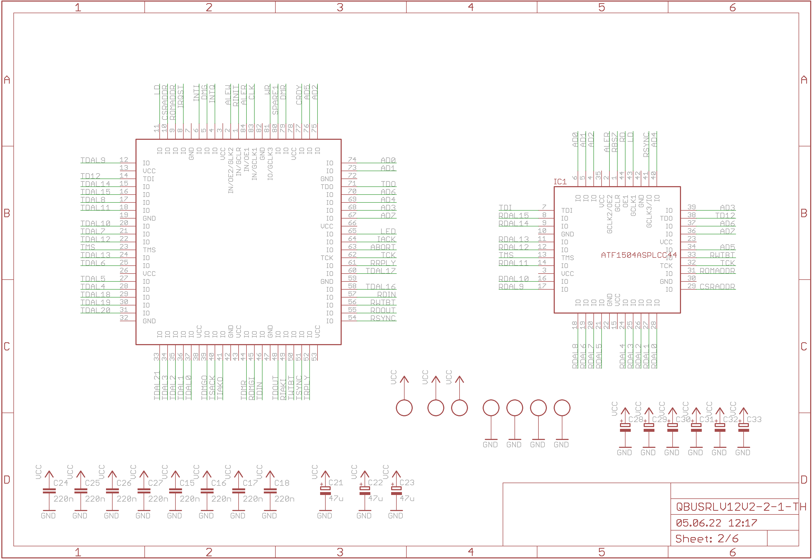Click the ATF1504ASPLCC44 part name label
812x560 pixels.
(638, 255)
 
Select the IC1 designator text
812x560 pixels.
(560, 182)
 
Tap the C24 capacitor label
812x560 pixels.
(60, 483)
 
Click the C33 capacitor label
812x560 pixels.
(754, 419)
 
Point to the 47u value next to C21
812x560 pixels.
(336, 498)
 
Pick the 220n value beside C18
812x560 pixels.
(284, 499)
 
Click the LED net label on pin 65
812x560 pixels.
(388, 231)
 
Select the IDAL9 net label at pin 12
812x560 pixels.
(93, 160)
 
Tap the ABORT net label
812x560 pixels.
(383, 247)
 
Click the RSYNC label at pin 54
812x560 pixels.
(383, 318)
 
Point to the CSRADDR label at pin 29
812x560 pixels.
(717, 287)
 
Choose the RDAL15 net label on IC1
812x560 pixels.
(513, 215)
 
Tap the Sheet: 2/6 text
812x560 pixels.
(707, 539)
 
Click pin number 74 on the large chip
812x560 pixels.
(352, 160)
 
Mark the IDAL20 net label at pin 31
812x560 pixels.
(95, 310)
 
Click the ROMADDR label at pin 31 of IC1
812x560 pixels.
(717, 271)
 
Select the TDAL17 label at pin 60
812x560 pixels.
(381, 271)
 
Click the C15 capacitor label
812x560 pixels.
(187, 483)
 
